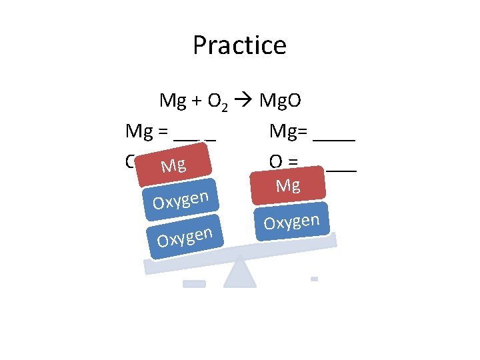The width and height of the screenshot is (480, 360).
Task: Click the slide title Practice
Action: (x=239, y=45)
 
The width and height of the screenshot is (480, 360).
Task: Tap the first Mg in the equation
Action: (x=173, y=101)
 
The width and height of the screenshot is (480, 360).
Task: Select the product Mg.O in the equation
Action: (x=280, y=101)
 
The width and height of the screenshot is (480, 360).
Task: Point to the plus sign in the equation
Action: (x=198, y=101)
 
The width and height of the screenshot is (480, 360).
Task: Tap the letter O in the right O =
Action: (x=275, y=162)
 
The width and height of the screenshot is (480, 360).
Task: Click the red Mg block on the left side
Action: (x=173, y=165)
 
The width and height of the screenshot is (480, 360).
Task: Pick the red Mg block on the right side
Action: (x=288, y=185)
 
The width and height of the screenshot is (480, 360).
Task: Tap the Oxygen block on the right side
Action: (x=292, y=221)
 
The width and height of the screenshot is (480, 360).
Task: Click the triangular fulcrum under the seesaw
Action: (x=240, y=273)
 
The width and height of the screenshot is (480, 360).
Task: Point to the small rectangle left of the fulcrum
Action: (x=194, y=283)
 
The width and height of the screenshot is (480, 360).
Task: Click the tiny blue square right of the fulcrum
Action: (x=314, y=279)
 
